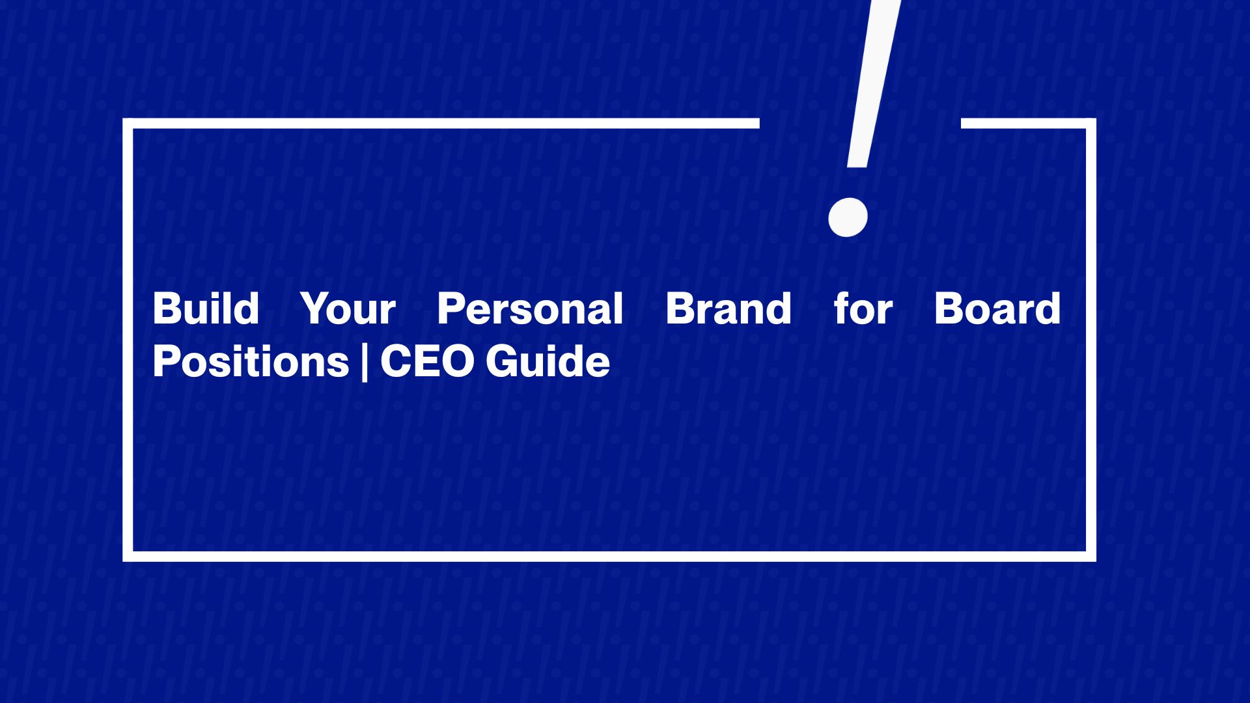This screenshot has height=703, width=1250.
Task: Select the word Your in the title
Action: [x=348, y=309]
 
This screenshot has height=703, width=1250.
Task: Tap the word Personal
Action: [x=530, y=309]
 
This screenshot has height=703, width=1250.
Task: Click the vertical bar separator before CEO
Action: [x=364, y=362]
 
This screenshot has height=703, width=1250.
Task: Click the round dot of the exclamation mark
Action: [x=848, y=217]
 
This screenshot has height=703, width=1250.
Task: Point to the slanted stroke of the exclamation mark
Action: [x=872, y=85]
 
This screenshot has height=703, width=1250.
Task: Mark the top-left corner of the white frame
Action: [x=128, y=124]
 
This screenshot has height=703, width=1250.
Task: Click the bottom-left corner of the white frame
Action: [x=128, y=556]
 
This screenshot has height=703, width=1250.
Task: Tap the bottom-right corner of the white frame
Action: [x=1090, y=556]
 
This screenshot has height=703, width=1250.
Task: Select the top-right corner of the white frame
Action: [x=1090, y=124]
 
